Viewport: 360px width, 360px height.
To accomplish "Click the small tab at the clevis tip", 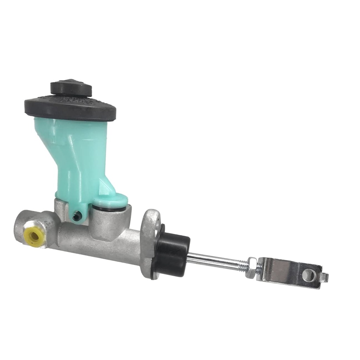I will pyautogui.click(x=326, y=278).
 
